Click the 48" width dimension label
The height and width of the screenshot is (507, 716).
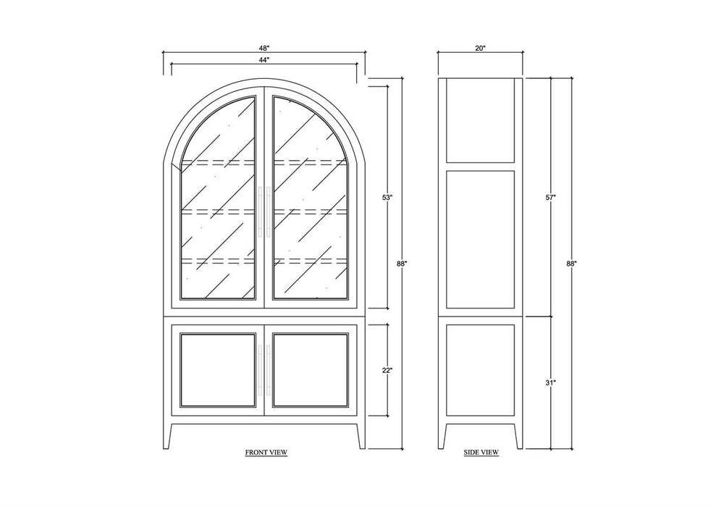click(264, 48)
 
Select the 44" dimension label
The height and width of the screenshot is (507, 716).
click(264, 59)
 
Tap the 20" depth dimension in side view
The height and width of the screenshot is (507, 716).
click(480, 48)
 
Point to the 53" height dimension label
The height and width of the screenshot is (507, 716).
click(387, 197)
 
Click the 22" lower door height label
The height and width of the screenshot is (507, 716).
click(387, 370)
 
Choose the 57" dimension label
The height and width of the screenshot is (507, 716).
click(550, 197)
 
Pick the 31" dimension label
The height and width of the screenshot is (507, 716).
click(550, 382)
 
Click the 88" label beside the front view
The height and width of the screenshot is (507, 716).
click(401, 263)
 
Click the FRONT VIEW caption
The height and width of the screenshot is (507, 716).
click(266, 453)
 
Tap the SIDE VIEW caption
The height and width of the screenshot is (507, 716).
click(481, 453)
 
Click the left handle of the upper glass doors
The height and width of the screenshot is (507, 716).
click(261, 211)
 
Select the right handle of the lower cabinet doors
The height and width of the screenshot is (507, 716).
click(269, 370)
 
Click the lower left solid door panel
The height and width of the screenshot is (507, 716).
click(218, 370)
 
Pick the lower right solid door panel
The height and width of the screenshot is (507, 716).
click(311, 370)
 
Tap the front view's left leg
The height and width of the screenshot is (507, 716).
click(167, 436)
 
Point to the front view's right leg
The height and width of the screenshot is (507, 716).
click(361, 436)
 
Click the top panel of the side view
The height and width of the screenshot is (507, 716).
click(481, 120)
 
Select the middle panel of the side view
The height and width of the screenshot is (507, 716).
click(481, 239)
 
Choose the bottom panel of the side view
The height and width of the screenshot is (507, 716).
click(481, 370)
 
